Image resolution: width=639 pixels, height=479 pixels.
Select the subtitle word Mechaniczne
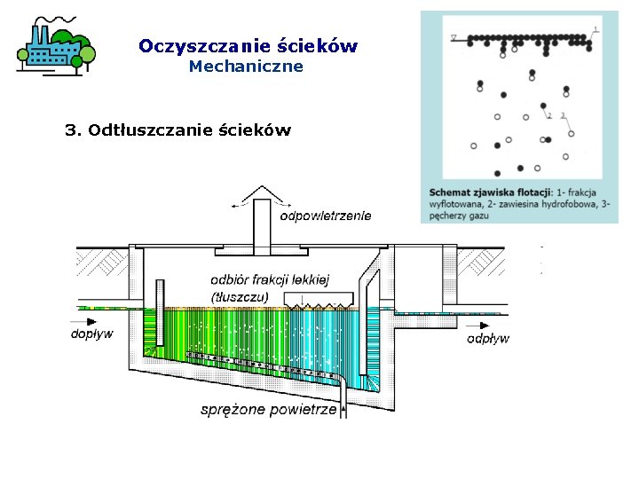pos(247,67)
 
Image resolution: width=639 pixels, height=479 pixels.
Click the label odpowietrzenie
pos(326,216)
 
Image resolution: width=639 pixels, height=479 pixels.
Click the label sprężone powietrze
pos(269,410)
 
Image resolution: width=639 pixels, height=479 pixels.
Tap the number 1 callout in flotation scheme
pos(596,28)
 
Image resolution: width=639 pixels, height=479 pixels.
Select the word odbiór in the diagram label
pos(230,280)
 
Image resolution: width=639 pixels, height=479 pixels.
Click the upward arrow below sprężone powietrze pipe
pos(344,411)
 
